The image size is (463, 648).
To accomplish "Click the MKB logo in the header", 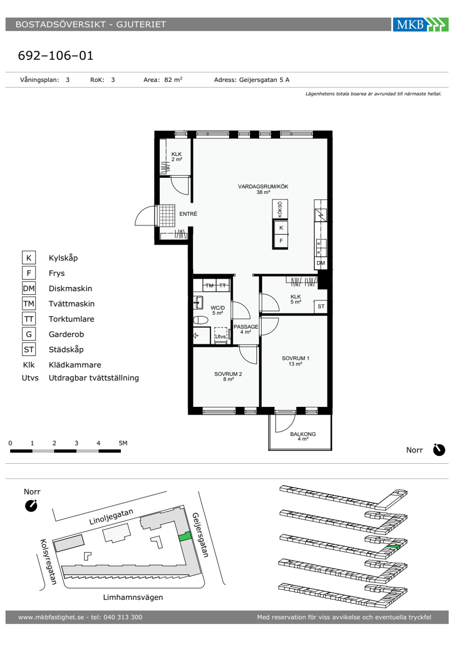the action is [x=421, y=24].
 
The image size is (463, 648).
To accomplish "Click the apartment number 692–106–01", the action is [x=56, y=56].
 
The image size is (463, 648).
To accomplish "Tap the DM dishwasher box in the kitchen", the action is [x=321, y=263].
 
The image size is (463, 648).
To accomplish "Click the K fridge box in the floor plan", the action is [x=281, y=228].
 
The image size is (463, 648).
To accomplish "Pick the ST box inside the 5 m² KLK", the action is [x=321, y=306].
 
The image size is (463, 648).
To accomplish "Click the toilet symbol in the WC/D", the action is [x=200, y=320].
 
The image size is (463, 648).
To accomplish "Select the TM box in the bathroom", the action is [x=209, y=286].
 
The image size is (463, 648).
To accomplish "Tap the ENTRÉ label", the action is [x=188, y=214].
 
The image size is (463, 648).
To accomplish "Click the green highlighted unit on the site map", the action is [x=185, y=536].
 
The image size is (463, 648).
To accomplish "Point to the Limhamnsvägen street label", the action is [x=133, y=597].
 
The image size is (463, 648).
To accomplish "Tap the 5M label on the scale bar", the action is [x=123, y=443].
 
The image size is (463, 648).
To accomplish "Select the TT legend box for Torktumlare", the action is [x=29, y=319].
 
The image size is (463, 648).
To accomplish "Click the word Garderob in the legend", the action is [x=66, y=334].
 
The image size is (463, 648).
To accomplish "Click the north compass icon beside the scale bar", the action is [x=439, y=450].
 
